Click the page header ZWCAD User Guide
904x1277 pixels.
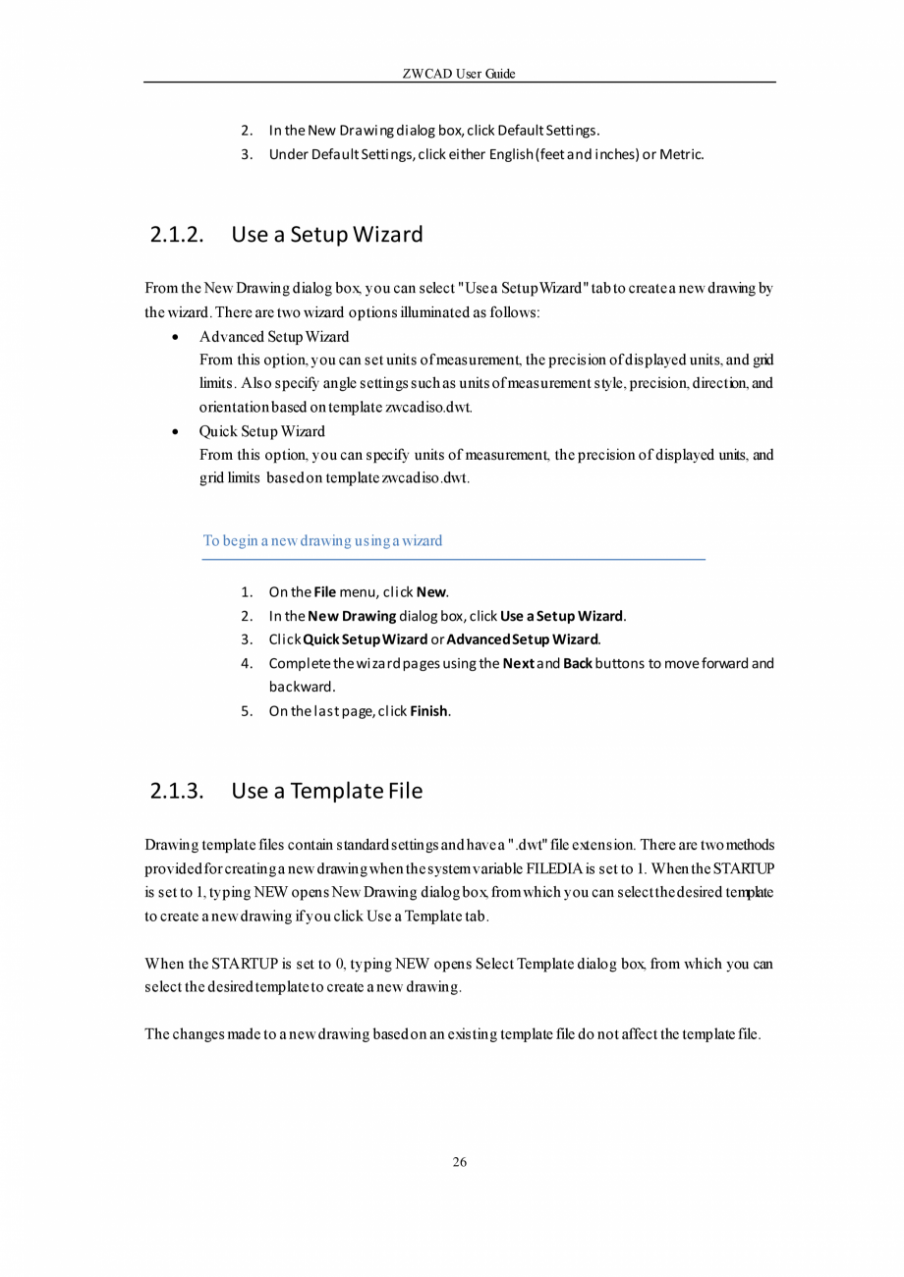[x=459, y=74]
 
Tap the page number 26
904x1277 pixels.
[x=459, y=1163]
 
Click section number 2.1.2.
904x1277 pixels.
[x=178, y=235]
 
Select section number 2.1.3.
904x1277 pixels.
[x=178, y=791]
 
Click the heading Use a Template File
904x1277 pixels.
[x=327, y=791]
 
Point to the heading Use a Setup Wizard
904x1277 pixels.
[x=327, y=235]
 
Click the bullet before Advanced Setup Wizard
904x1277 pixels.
[x=175, y=337]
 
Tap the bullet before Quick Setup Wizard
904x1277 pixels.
[x=175, y=431]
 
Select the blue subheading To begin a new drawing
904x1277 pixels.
[x=322, y=540]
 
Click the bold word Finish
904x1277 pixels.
[x=429, y=711]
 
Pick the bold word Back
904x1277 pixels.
[x=577, y=664]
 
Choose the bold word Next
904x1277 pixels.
[x=518, y=664]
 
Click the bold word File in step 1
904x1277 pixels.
[x=325, y=592]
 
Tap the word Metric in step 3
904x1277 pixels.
[x=681, y=154]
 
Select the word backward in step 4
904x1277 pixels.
[x=302, y=687]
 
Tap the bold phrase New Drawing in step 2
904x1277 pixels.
[x=352, y=617]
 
